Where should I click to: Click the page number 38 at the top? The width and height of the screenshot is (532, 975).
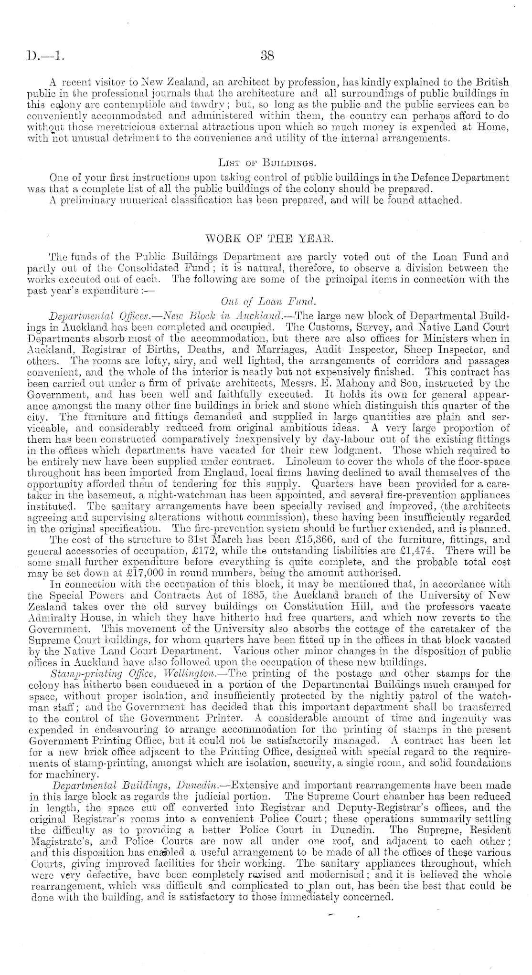point(266,55)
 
